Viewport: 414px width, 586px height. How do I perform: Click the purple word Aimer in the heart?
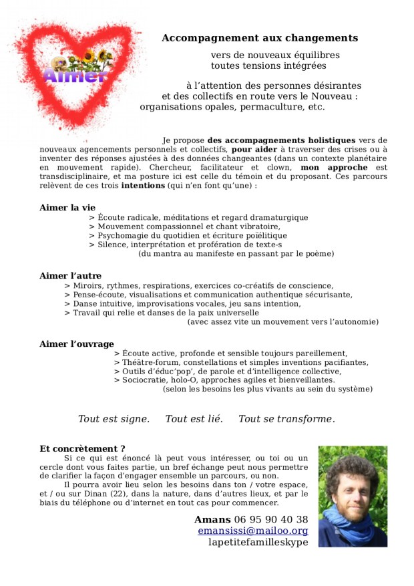74,75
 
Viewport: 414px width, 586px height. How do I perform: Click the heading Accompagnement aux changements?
260,38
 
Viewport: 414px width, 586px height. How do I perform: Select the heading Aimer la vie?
67,208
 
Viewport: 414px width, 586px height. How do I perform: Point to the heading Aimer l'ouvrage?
77,343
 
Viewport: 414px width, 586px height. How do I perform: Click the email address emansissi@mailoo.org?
253,531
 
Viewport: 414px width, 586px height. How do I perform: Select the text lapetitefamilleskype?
258,542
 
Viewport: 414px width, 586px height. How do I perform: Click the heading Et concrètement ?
83,448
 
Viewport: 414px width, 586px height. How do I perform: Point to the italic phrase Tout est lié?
194,419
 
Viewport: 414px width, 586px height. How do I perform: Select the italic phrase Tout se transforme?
286,419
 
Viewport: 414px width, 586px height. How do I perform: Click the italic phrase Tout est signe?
114,419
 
